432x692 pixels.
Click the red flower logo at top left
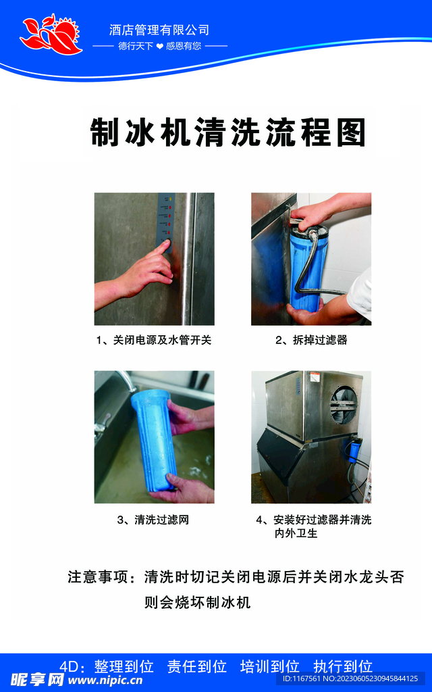[x=50, y=35]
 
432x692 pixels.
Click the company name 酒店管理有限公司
[x=159, y=30]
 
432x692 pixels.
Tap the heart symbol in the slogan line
[x=159, y=47]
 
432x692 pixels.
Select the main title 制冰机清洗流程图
[x=227, y=132]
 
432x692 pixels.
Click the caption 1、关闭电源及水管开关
[x=154, y=340]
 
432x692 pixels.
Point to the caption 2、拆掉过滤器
[x=311, y=340]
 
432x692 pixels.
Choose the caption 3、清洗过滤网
[x=154, y=520]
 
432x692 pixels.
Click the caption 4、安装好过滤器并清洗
[x=314, y=520]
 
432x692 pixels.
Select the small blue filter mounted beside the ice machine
[x=353, y=449]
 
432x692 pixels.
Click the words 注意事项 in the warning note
[x=96, y=578]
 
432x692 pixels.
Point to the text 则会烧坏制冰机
[x=197, y=601]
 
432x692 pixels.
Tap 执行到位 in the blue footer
[x=343, y=666]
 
